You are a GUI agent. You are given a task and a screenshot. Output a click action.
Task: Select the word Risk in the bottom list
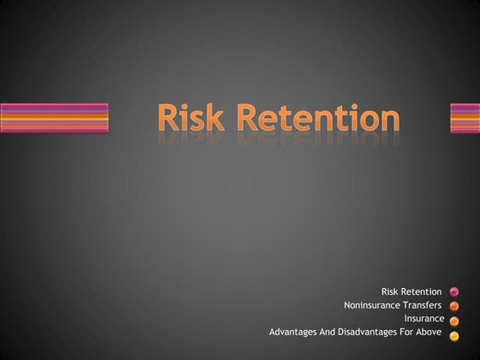pyautogui.click(x=391, y=292)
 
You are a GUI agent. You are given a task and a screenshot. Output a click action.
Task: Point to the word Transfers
pyautogui.click(x=422, y=305)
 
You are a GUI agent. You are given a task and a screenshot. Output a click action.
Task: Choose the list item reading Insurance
pyautogui.click(x=424, y=318)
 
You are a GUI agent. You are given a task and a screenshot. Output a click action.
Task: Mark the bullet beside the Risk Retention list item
pyautogui.click(x=454, y=292)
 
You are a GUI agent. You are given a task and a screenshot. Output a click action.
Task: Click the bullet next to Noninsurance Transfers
pyautogui.click(x=454, y=306)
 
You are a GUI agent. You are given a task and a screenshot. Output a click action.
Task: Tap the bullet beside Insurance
pyautogui.click(x=454, y=321)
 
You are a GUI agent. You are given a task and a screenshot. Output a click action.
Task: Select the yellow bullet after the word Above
pyautogui.click(x=454, y=334)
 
